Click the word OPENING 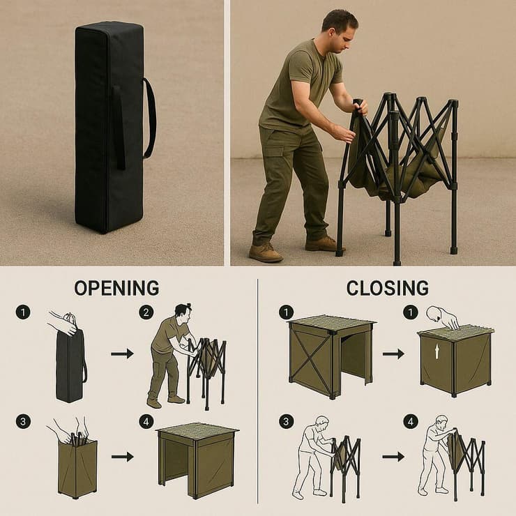click(x=116, y=288)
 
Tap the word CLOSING click(x=387, y=288)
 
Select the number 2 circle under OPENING click(x=146, y=312)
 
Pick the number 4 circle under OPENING click(x=146, y=422)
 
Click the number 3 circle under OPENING click(x=23, y=422)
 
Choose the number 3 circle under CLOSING click(x=287, y=422)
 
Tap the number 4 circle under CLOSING click(x=411, y=422)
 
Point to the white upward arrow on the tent click(x=437, y=351)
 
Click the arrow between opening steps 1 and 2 click(x=122, y=354)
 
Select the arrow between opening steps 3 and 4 click(x=123, y=457)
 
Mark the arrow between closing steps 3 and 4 click(x=393, y=457)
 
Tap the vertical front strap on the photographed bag click(x=119, y=128)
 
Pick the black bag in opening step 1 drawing click(x=70, y=365)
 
